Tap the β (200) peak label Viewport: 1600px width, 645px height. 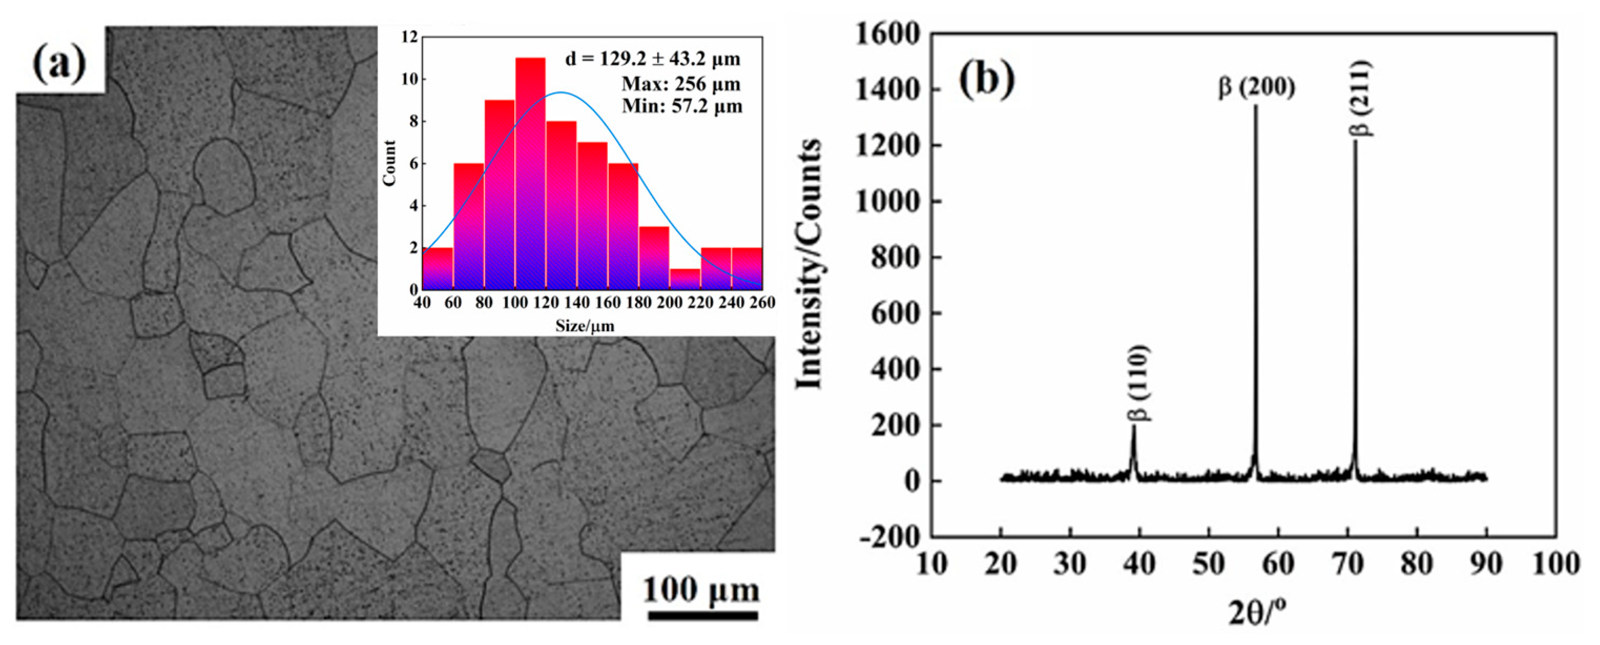pos(1256,87)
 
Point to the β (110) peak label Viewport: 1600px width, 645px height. pos(1138,383)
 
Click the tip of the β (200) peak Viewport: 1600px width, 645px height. pos(1255,106)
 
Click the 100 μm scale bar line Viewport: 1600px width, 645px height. pos(702,616)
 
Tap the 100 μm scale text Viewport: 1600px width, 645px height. pos(701,590)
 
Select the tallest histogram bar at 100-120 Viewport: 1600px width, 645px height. pos(530,174)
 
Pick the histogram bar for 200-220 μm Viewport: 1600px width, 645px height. pos(685,280)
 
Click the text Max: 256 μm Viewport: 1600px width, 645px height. pos(681,83)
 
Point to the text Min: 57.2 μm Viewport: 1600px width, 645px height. pos(682,106)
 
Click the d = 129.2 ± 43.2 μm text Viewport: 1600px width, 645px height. pos(652,59)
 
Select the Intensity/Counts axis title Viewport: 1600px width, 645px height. pos(810,264)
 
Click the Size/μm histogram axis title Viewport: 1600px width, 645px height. pos(585,325)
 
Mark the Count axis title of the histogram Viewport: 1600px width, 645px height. pos(389,163)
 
